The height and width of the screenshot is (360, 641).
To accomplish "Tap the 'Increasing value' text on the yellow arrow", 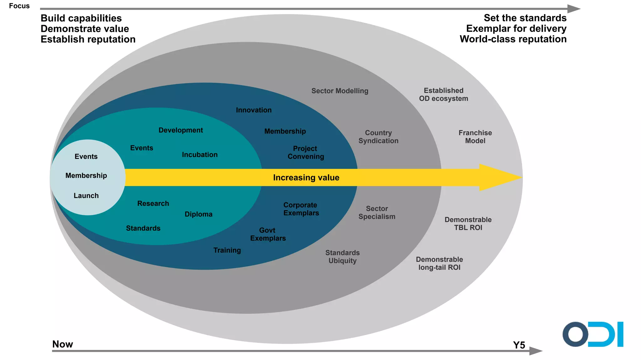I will coord(306,178).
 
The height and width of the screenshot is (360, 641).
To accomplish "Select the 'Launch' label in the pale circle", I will coord(86,196).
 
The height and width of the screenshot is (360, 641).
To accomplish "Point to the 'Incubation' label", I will coord(200,155).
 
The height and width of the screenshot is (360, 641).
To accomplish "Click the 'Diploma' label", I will coord(198,214).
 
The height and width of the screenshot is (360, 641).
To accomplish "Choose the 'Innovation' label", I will coord(254,110).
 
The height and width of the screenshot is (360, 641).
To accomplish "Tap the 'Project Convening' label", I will coord(305,153).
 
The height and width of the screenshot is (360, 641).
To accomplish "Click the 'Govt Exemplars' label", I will coord(268,234).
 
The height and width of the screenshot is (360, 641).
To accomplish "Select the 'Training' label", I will coord(227,250).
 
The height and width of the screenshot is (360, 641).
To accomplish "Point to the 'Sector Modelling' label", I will coord(340,91).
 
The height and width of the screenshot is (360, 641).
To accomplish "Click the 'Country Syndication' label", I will coord(378,137).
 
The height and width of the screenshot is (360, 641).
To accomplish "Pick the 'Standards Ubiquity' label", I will coord(342,257).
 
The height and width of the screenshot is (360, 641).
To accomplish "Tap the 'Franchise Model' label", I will coord(475,137).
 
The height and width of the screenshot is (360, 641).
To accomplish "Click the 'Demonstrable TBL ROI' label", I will coord(468,224).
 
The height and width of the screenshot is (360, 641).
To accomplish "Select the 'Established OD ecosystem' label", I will coord(444,94).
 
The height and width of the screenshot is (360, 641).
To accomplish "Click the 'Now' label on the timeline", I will coord(63,344).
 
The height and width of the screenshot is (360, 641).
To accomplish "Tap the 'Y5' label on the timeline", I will coord(519,345).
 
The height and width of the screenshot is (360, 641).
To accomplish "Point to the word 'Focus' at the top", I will coord(19,6).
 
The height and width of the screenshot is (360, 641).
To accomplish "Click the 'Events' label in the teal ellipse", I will coord(141,148).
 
